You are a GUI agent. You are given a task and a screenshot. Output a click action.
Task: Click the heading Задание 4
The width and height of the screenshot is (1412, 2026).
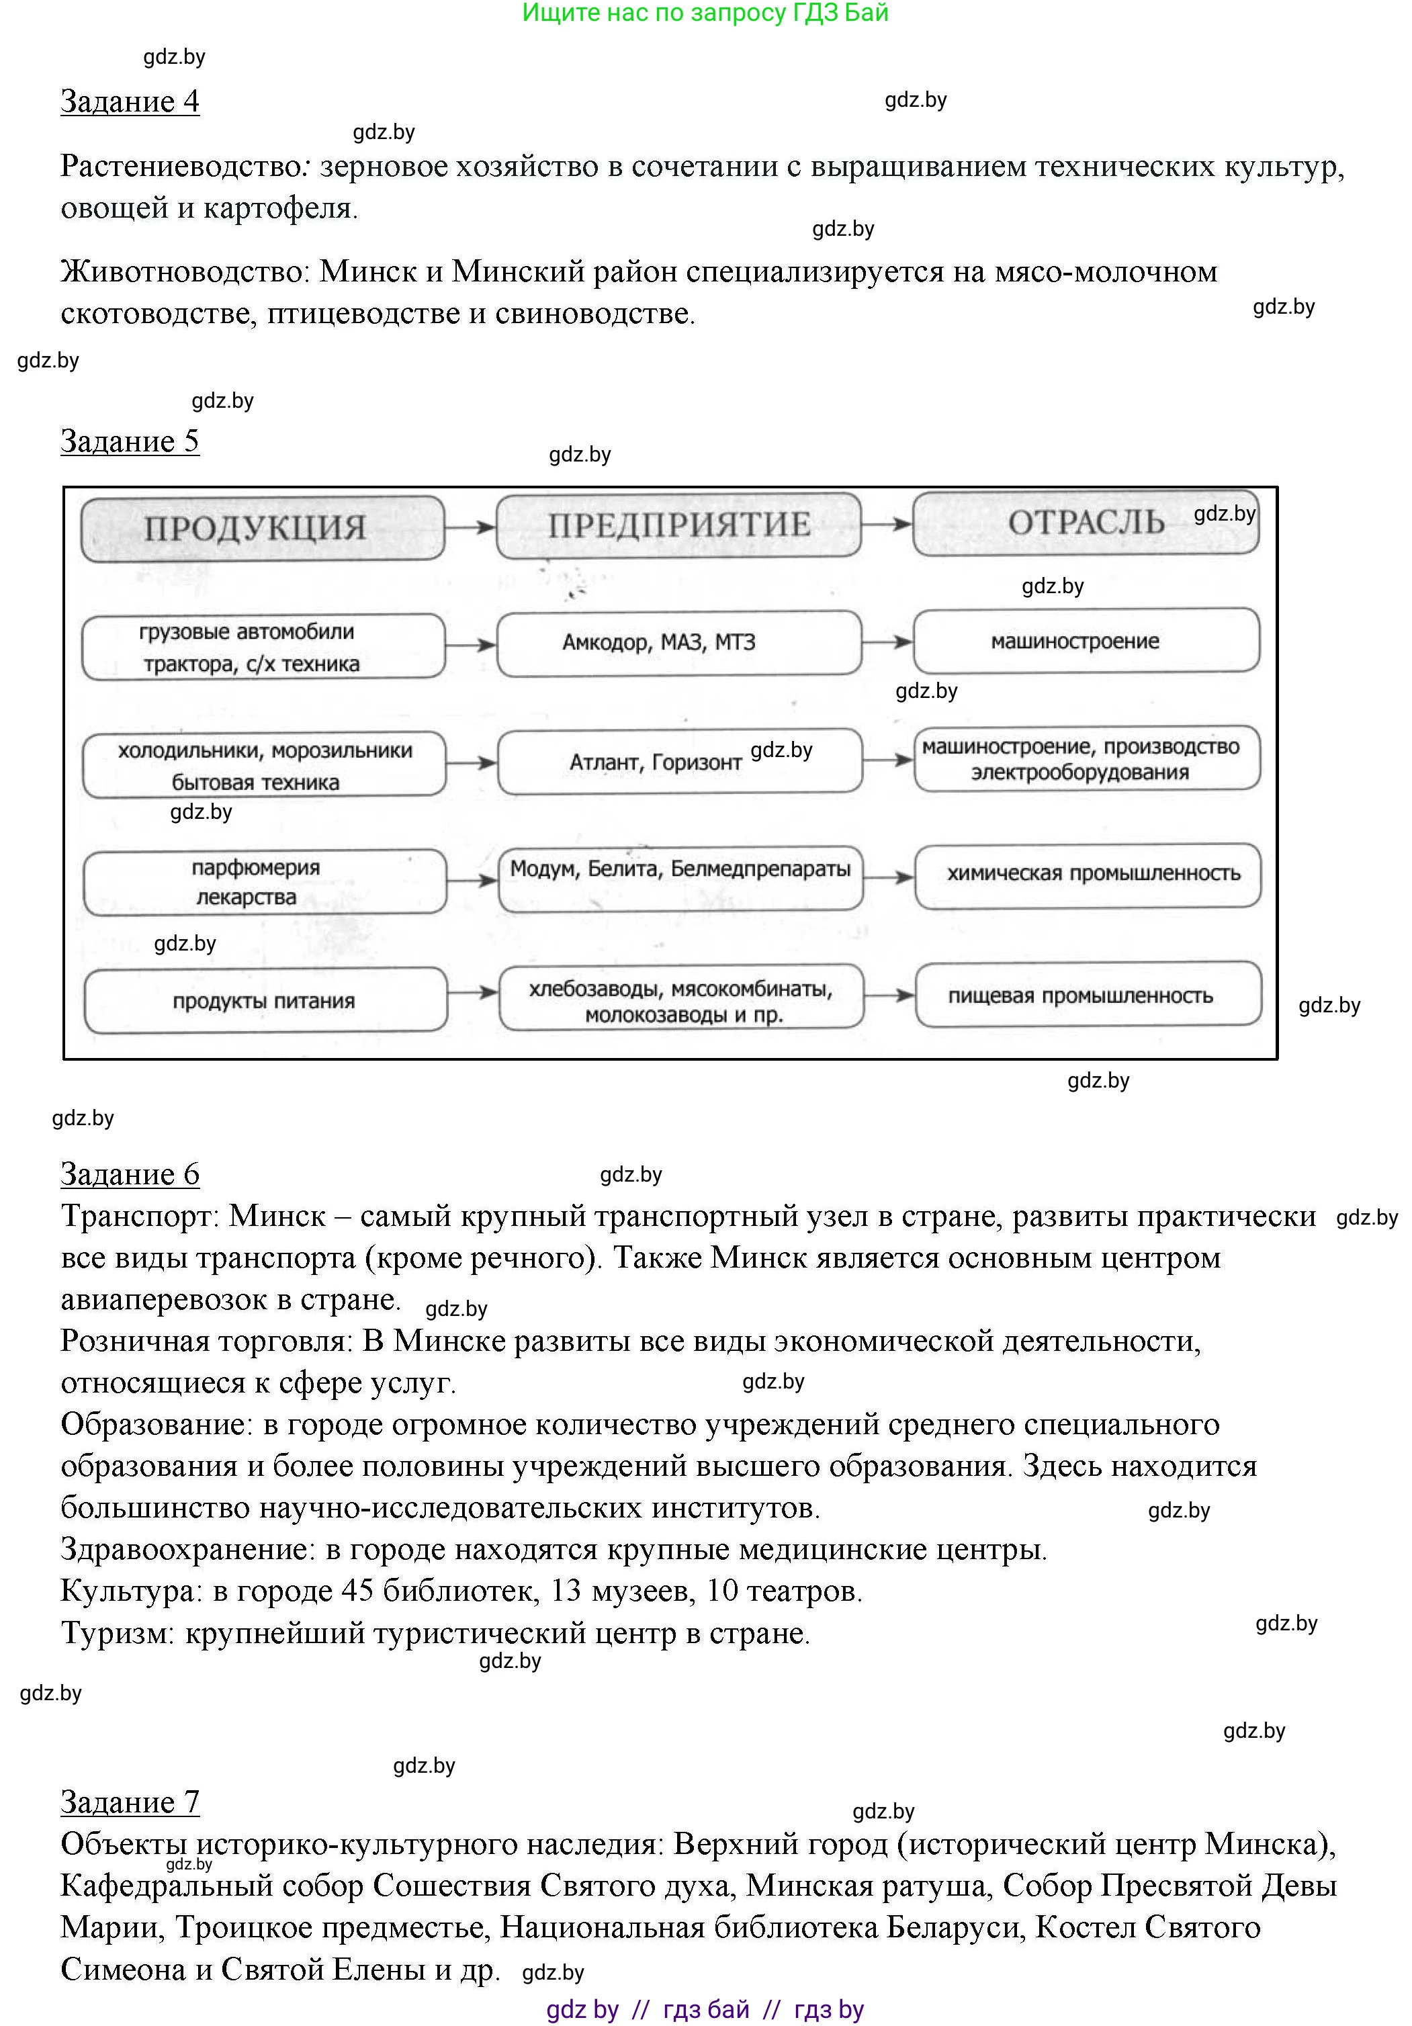pos(130,101)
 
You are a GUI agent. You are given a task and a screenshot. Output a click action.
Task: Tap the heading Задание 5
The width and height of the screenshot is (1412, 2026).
pos(130,441)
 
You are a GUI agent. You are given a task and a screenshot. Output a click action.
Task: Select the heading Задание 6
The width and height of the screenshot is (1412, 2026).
pos(130,1174)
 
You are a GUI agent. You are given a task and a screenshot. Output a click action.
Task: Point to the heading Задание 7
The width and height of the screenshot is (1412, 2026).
pos(130,1802)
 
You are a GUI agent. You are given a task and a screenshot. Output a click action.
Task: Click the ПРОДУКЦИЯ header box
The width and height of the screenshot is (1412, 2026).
pos(262,529)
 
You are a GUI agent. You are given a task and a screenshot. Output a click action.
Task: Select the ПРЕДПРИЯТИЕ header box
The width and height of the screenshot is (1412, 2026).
pos(678,526)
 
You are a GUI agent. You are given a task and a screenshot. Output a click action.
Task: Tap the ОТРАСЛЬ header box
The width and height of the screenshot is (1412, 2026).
pos(1086,523)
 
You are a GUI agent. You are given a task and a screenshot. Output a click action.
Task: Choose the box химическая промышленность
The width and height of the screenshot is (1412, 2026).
pos(1088,875)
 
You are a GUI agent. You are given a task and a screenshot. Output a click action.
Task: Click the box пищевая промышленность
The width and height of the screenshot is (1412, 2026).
pos(1088,996)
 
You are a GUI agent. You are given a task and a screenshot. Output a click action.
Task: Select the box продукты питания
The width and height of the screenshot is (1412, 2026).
pos(265,1001)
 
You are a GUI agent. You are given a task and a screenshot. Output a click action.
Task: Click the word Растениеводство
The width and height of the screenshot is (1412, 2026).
pos(181,167)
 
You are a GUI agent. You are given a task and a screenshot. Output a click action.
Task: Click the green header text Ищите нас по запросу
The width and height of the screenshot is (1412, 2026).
pos(653,13)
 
